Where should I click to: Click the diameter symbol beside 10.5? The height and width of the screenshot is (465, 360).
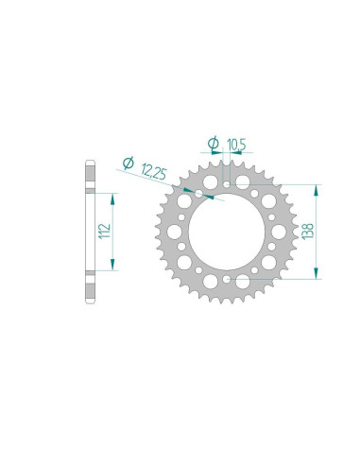(x=214, y=143)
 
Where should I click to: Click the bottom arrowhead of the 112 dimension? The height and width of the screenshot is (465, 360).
(x=113, y=266)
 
